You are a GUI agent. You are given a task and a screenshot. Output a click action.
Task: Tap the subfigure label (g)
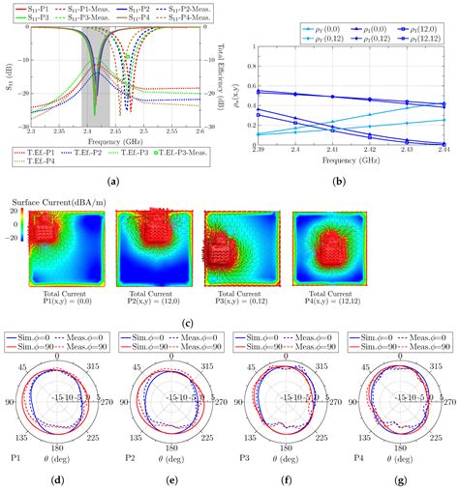pyautogui.click(x=399, y=479)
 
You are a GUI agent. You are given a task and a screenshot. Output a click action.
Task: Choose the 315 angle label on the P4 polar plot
pyautogui.click(x=422, y=365)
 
